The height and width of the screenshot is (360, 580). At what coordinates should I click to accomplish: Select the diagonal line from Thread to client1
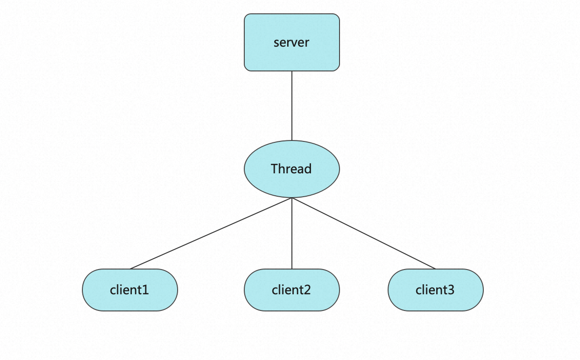[x=211, y=233]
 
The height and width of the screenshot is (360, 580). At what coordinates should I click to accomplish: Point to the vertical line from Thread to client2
[x=292, y=233]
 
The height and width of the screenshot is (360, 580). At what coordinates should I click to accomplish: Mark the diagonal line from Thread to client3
[x=364, y=233]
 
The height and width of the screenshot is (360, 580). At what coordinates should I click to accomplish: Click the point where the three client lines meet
[x=292, y=198]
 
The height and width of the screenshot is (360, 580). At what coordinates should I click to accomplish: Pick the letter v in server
[x=297, y=43]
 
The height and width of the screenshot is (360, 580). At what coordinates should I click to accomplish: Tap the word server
[x=291, y=42]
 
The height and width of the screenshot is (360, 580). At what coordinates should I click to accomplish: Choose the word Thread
[x=291, y=169]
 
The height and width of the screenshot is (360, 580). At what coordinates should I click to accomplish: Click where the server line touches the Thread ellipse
[x=292, y=140]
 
